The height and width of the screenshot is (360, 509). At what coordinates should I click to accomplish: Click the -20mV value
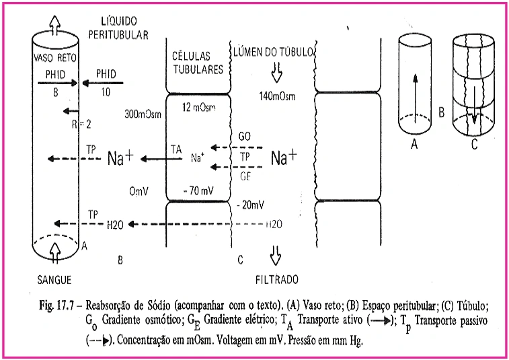point(252,202)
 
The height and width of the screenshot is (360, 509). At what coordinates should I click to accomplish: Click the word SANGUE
point(54,279)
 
